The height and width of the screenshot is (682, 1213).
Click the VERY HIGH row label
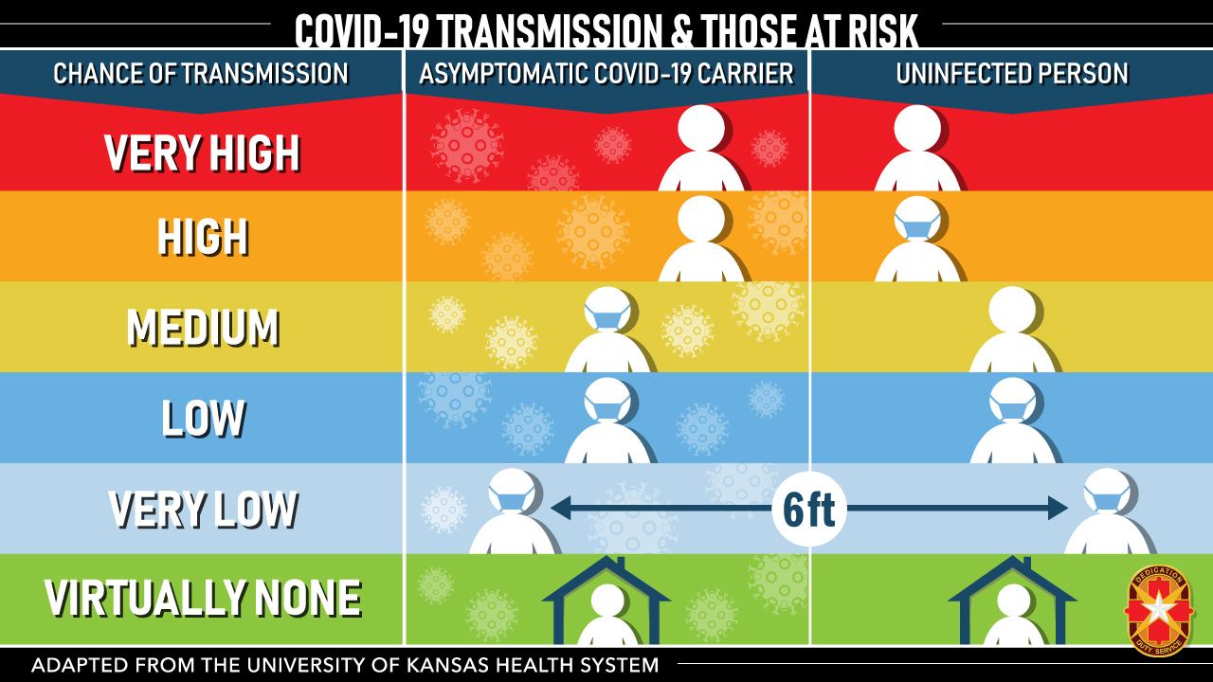pos(202,153)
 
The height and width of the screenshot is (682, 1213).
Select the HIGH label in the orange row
pos(203,237)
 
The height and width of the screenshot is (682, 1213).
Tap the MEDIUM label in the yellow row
pos(203,328)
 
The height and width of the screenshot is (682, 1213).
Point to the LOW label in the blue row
pos(204,418)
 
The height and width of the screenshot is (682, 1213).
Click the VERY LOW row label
pos(203,509)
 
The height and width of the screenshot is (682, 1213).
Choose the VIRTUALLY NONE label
pos(203,598)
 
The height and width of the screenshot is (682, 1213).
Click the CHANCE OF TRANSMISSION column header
pos(201,74)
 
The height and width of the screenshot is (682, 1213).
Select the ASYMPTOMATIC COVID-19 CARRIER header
pos(606,74)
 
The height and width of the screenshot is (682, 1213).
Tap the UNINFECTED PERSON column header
pos(1012,74)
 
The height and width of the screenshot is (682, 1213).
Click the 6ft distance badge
pos(809,509)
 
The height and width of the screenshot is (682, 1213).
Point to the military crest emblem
pos(1159,610)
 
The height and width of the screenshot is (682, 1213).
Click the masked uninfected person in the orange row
pos(918,239)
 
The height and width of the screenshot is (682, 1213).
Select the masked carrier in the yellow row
pos(608,329)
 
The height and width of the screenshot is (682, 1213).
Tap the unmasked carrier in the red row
pos(701,147)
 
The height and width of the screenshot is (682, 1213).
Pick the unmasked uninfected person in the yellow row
pos(1013,329)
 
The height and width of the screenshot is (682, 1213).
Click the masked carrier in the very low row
pos(513,511)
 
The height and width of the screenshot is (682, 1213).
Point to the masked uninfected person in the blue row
pos(1013,420)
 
